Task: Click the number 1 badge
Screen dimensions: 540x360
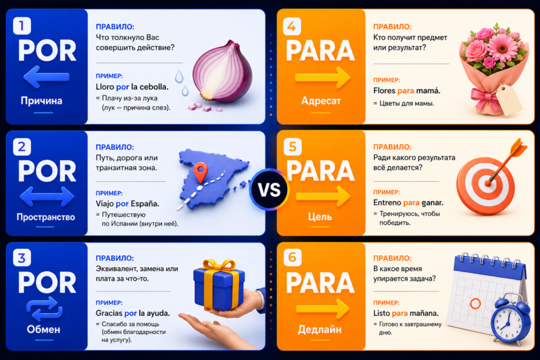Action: pos(22,25)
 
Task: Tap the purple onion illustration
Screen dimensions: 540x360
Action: pos(223,72)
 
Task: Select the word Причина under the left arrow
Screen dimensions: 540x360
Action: pos(41,101)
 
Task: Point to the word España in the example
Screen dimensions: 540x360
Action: pos(144,204)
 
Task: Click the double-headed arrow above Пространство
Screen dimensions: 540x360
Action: pos(47,197)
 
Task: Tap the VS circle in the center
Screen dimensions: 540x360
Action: pos(269,190)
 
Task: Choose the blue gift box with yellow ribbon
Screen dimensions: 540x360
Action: pos(219,284)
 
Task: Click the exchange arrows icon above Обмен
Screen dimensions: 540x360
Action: pos(44,309)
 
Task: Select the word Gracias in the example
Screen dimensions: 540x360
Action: pos(109,313)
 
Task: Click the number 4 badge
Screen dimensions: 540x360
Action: pos(292,26)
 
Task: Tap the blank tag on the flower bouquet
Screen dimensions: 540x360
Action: pos(509,100)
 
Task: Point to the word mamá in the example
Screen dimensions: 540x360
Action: pos(428,91)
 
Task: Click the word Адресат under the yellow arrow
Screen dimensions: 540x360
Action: pos(321,101)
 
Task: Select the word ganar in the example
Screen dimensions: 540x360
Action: pos(432,203)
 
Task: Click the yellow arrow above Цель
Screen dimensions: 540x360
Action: pos(323,197)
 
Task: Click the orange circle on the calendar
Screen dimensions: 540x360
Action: pos(475,304)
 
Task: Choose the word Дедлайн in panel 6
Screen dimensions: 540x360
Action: pos(320,329)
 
